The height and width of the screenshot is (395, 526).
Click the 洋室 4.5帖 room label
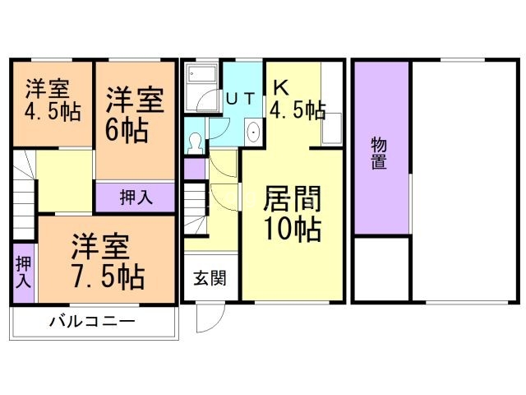point(53,100)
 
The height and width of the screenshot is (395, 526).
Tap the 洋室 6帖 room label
point(133,116)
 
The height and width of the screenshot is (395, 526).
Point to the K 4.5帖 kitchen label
point(297,100)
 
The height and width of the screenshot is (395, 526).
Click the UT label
point(240,98)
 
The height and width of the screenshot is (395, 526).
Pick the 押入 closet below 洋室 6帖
point(136,197)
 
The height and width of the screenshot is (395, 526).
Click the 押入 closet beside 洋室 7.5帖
point(22,270)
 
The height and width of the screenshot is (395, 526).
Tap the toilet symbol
point(194,142)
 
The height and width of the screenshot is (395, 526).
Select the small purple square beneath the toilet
point(194,169)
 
